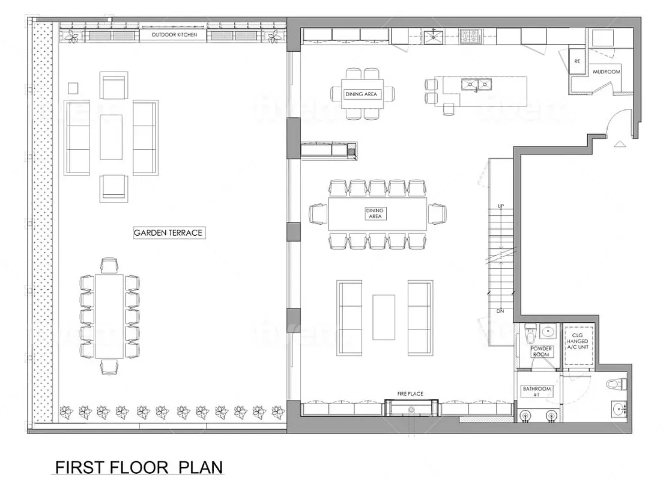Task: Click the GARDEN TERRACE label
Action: pos(169,233)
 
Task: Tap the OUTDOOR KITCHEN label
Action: pos(174,35)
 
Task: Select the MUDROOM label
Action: pos(606,72)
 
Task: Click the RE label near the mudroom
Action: pos(577,61)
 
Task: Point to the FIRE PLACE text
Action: pos(410,394)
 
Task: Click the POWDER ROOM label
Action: pos(540,351)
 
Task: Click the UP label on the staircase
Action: pos(500,206)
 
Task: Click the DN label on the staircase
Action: pos(500,311)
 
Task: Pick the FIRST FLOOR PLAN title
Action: pos(139,467)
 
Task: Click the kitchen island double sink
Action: pos(476,85)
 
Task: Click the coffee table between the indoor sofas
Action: pos(383,316)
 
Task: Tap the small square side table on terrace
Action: pos(73,88)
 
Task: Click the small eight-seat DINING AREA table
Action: pos(363,94)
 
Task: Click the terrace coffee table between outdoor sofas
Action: pos(111,136)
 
